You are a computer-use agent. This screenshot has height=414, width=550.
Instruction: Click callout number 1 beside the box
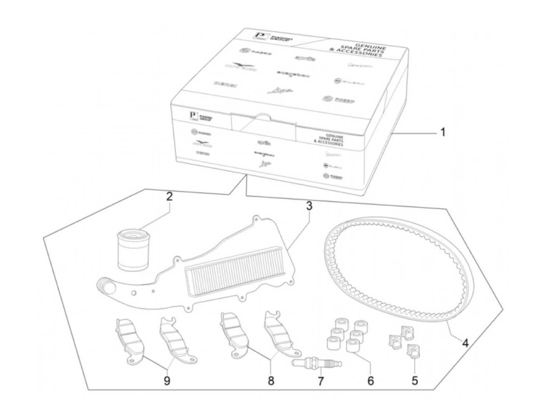pos(442,132)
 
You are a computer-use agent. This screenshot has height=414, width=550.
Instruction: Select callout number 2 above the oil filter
pos(169,197)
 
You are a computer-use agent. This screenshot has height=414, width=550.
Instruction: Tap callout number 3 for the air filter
pos(309,206)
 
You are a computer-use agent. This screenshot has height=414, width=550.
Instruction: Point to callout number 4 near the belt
pos(465,343)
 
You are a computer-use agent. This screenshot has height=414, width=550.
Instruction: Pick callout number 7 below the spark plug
pos(321,381)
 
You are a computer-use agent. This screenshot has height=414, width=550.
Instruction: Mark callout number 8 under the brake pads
pos(271,381)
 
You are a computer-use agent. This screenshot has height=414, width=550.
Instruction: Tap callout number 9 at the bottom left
pos(167,381)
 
